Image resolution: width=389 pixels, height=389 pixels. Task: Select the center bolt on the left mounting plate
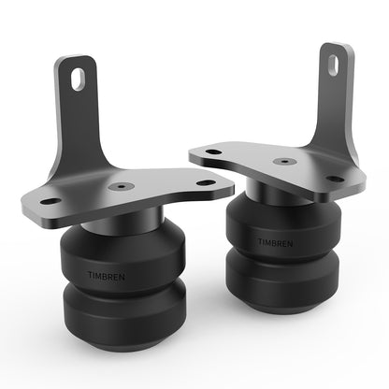[x=116, y=186]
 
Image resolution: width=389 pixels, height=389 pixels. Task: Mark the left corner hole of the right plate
[x=214, y=152]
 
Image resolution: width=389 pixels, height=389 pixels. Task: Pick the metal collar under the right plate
[x=281, y=196]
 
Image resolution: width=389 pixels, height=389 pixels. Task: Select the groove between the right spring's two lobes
[x=280, y=254]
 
